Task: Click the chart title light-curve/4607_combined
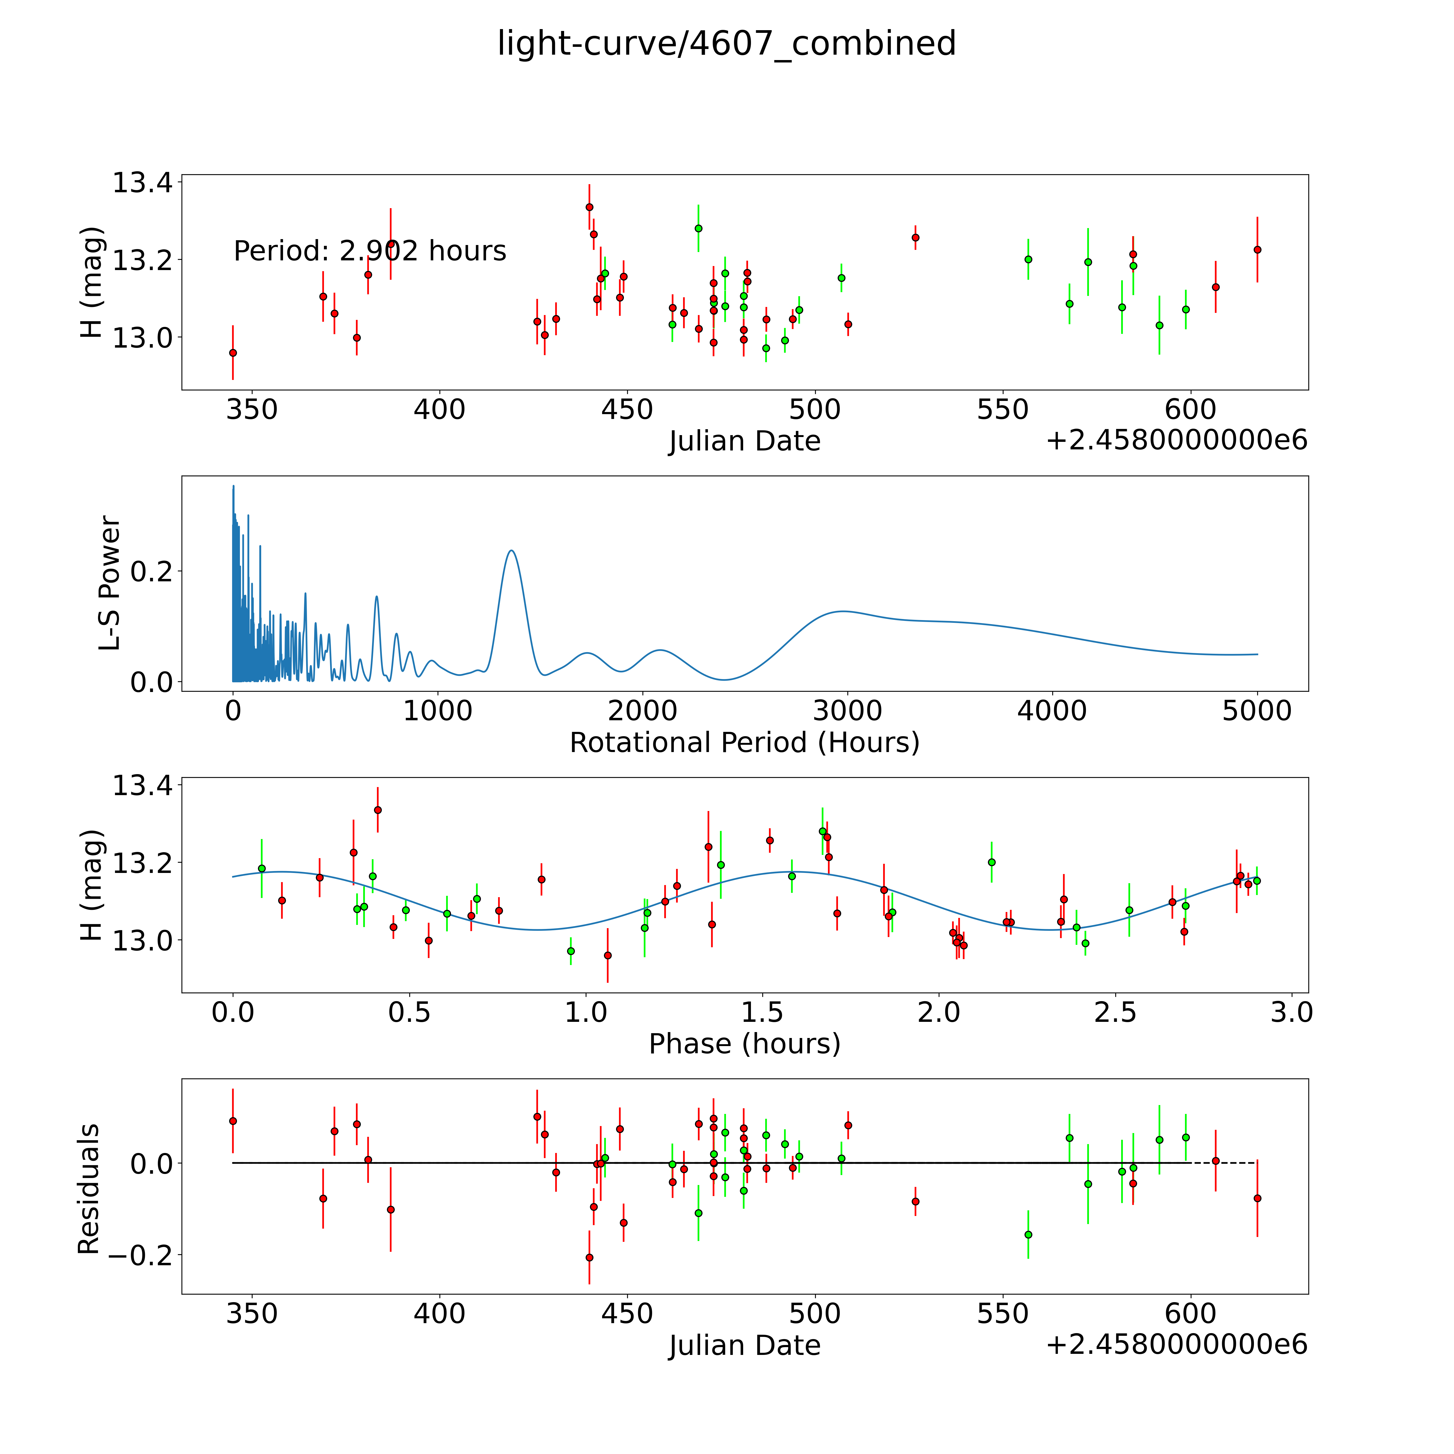tap(726, 44)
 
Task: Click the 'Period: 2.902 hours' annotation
tap(369, 251)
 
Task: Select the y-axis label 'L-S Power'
tap(109, 583)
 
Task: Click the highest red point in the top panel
tap(589, 207)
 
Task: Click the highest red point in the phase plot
tap(378, 810)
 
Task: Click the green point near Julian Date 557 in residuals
tap(1028, 1234)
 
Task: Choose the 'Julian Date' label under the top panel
tap(744, 441)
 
